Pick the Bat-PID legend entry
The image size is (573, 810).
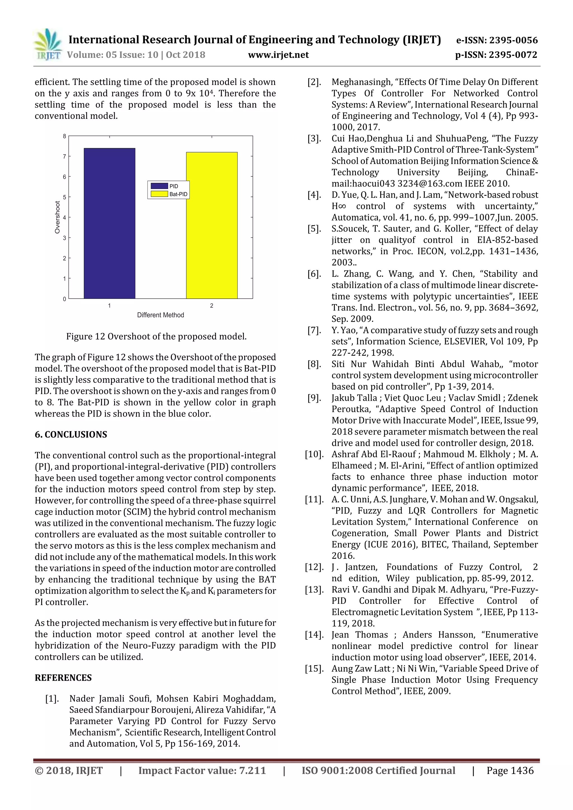tap(169, 194)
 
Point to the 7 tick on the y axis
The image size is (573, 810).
tap(65, 156)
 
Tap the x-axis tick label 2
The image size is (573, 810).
tap(212, 306)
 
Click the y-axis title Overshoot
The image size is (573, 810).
tap(57, 217)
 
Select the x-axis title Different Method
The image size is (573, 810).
tap(161, 315)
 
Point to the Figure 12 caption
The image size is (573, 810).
tap(156, 336)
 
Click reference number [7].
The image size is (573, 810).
tap(314, 330)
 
